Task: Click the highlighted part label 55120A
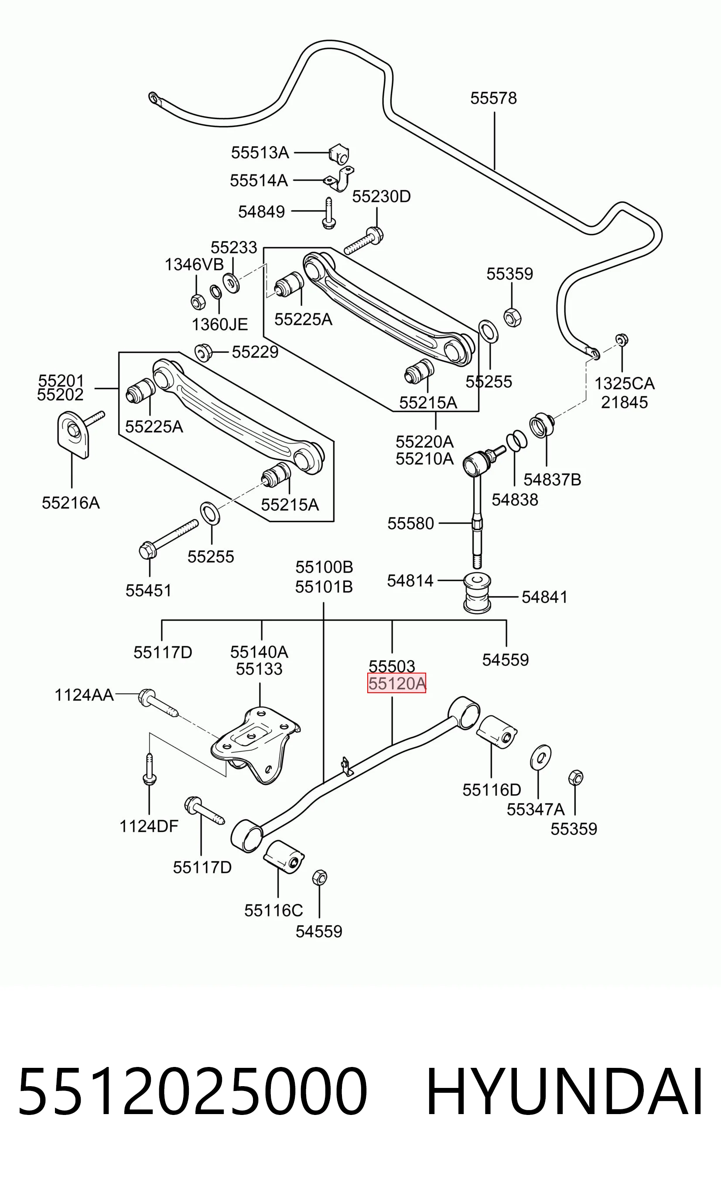click(396, 683)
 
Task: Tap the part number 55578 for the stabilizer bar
click(493, 98)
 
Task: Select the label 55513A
click(260, 153)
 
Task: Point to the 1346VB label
click(194, 264)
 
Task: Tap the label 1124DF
click(149, 826)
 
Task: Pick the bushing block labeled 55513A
click(339, 153)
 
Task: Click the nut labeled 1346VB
click(197, 301)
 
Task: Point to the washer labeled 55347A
click(540, 757)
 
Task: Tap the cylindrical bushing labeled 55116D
click(497, 731)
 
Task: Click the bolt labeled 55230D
click(364, 242)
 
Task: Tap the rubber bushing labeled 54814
click(477, 592)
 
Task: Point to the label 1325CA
click(625, 383)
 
